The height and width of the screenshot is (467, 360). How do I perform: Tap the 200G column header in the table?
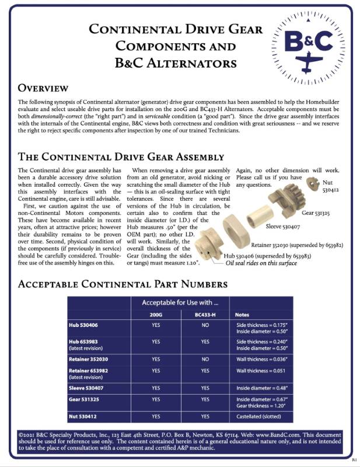pyautogui.click(x=156, y=315)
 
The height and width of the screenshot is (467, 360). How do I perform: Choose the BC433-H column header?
pyautogui.click(x=205, y=315)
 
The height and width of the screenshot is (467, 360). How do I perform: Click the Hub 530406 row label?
pyautogui.click(x=88, y=325)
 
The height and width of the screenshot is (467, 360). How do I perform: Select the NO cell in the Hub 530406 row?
pyautogui.click(x=205, y=325)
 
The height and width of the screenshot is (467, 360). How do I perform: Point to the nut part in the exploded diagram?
pyautogui.click(x=313, y=184)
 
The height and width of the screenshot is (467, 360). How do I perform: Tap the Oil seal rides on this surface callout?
pyautogui.click(x=262, y=263)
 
